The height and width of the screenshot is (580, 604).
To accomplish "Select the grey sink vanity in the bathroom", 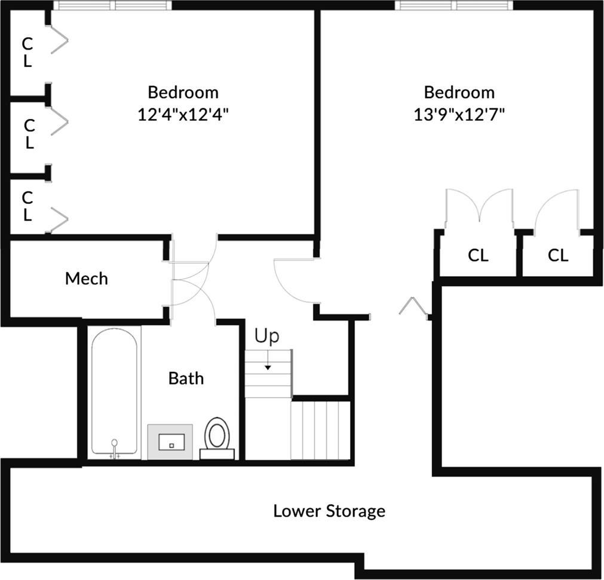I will [170, 442].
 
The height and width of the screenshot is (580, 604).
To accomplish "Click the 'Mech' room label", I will [87, 279].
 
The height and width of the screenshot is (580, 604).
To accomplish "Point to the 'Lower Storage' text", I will [329, 511].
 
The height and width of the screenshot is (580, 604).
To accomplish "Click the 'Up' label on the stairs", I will [266, 337].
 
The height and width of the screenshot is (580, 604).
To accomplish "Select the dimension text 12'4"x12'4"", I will [183, 115].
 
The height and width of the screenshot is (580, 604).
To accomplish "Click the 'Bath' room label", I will [186, 378].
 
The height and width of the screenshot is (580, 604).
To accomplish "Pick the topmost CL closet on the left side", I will [27, 52].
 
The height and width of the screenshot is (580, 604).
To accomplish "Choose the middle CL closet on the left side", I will [29, 134].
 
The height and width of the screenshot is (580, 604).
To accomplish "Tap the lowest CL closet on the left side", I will [27, 206].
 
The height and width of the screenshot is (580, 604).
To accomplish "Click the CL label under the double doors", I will [478, 256].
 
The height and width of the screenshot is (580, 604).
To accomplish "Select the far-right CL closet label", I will [558, 256].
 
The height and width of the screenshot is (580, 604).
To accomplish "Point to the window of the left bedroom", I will [112, 5].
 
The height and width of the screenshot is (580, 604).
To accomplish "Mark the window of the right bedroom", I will [454, 5].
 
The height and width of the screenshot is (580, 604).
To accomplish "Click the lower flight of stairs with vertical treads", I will [320, 431].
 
